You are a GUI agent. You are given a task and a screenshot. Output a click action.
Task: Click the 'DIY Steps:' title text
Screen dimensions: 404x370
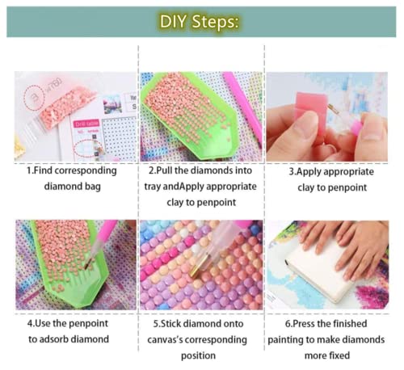[x=200, y=22]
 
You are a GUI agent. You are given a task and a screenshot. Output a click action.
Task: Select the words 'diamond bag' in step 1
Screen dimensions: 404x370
[x=73, y=187]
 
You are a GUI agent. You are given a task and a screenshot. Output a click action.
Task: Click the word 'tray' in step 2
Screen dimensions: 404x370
[x=152, y=187]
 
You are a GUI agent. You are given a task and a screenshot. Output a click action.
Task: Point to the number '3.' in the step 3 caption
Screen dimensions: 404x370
[x=292, y=171]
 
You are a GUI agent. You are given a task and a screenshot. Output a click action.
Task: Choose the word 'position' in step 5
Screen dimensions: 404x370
[x=198, y=355]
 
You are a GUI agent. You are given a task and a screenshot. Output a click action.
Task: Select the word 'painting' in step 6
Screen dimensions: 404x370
[x=285, y=339]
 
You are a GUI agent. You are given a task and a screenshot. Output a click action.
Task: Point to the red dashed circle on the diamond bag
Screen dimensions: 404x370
[x=33, y=97]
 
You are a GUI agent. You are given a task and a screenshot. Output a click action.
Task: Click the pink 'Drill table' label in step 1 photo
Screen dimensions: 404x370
[x=86, y=124]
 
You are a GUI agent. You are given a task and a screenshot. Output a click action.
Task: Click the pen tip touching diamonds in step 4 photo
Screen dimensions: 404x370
[x=86, y=265]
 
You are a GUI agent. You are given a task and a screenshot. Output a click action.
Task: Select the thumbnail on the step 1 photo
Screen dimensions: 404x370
[x=112, y=104]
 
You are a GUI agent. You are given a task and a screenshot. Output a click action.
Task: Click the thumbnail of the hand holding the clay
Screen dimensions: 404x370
[x=327, y=116]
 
